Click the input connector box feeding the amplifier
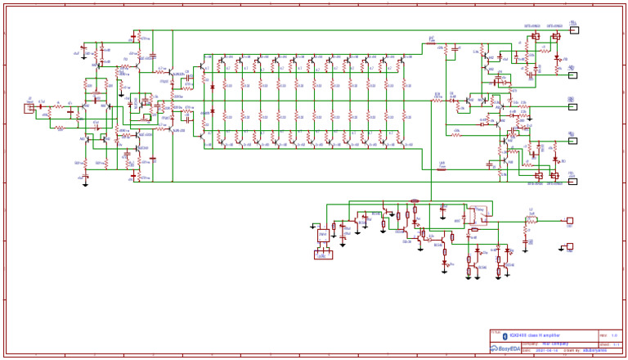[x=29, y=107]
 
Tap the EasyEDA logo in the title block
[x=508, y=349]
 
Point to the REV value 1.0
[x=614, y=335]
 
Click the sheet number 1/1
[x=614, y=344]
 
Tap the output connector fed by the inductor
[x=570, y=220]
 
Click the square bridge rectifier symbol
[x=323, y=236]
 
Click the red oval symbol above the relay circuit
[x=415, y=200]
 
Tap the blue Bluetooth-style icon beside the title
[x=505, y=335]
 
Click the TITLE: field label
[x=496, y=332]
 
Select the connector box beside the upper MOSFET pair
[x=574, y=31]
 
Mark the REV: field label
[x=603, y=335]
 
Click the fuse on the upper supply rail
[x=431, y=43]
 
